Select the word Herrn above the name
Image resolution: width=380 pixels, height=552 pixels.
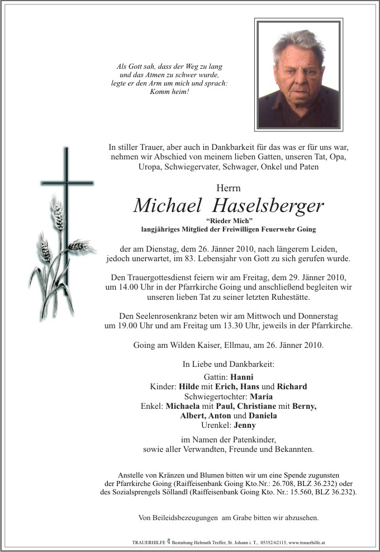pyautogui.click(x=228, y=187)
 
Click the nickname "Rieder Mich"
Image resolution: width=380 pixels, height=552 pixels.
pyautogui.click(x=228, y=221)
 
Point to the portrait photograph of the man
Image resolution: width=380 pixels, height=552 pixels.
pyautogui.click(x=298, y=75)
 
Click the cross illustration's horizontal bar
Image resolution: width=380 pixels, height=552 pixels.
pyautogui.click(x=67, y=183)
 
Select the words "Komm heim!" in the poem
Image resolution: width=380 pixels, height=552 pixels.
pyautogui.click(x=170, y=92)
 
